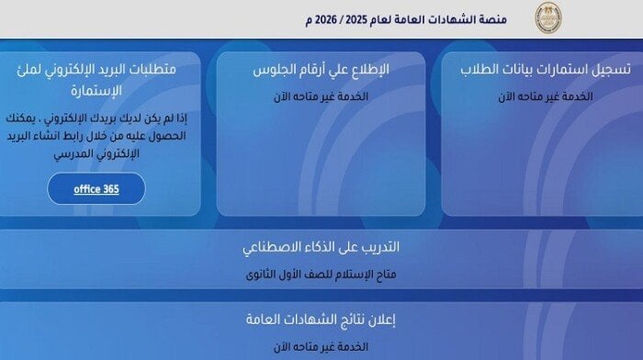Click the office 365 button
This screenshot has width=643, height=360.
click(x=96, y=190)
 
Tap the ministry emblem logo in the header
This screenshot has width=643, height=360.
click(x=548, y=18)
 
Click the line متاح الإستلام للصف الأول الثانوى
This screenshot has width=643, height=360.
click(x=322, y=274)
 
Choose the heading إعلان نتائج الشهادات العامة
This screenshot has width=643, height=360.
click(x=321, y=321)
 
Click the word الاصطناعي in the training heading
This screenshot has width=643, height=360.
click(x=274, y=249)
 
